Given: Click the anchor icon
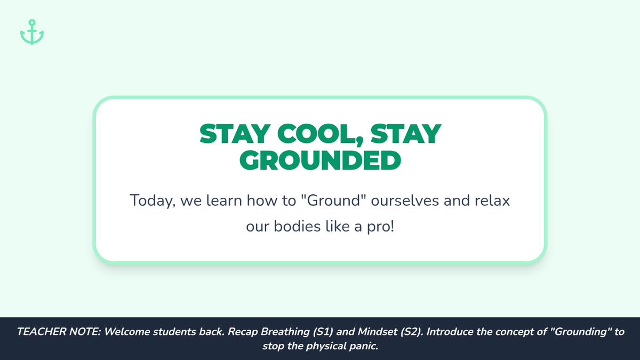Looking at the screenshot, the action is point(32,32).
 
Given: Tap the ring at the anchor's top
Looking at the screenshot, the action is point(32,22).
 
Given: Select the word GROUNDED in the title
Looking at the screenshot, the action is point(320,161).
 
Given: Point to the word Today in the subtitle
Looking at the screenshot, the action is point(153,201).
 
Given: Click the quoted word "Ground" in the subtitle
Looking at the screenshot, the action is point(334,200).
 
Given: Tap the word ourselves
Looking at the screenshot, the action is point(405,201).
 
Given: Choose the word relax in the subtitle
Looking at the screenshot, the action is point(492,201).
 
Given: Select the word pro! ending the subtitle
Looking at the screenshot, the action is point(381,227).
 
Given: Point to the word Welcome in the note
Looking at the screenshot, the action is point(126,332).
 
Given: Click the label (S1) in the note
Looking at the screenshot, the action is point(323,332).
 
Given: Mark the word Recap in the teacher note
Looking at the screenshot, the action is point(243,332).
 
